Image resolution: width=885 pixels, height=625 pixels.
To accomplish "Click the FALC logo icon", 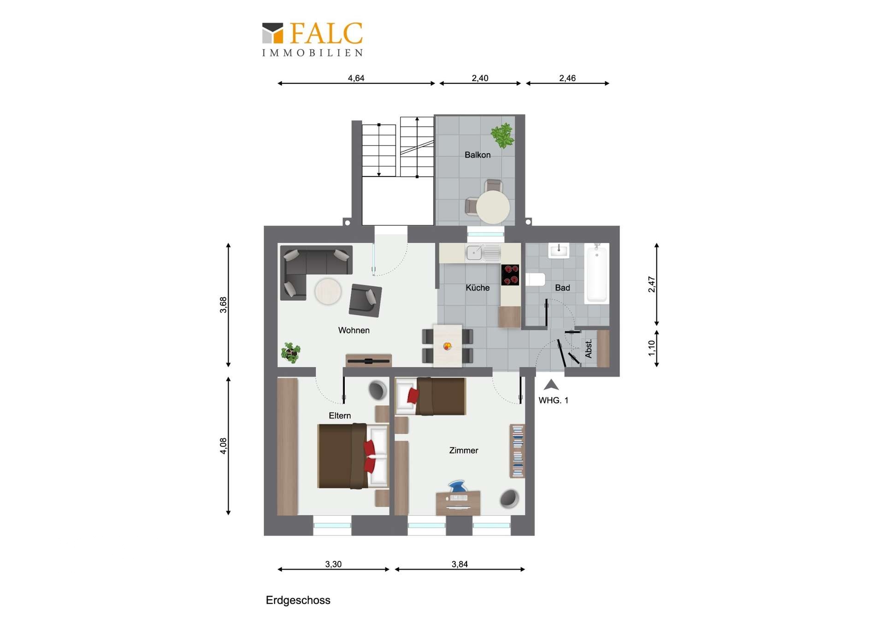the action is pos(272,33).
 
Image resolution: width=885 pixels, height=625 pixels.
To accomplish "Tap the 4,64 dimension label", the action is pos(356,78).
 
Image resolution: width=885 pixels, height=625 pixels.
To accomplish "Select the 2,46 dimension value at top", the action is pos(567,78).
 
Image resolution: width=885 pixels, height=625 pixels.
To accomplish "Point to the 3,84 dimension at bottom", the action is pos(460,564).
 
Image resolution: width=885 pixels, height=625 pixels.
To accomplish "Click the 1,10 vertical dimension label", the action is pos(651,348).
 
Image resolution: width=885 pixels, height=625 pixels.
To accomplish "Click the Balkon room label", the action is pos(478,155).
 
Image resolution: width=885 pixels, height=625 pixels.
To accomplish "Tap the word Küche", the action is pos(478,287).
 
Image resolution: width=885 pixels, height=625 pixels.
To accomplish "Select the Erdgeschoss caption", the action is pos(298,600).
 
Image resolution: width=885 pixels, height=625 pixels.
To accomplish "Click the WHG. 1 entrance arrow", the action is pos(551,385).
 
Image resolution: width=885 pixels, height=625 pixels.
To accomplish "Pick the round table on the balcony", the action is pos(493,207).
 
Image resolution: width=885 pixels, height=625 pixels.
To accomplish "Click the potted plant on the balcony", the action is pos(502,135).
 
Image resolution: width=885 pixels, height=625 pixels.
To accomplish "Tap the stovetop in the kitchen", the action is pos(510,275).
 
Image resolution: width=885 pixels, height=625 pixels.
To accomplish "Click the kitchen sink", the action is pos(483,253).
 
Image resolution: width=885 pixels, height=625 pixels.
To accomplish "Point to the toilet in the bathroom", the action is pos(535,280).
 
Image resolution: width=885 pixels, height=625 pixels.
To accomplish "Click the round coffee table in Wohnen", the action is pos(328,291).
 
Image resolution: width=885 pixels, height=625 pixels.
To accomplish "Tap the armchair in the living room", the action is pos(365,300).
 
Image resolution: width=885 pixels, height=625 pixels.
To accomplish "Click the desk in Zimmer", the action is pos(458,502).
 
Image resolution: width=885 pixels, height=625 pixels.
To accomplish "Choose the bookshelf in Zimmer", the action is pos(518,451).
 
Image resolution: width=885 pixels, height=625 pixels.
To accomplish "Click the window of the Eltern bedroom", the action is pos(332,526).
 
